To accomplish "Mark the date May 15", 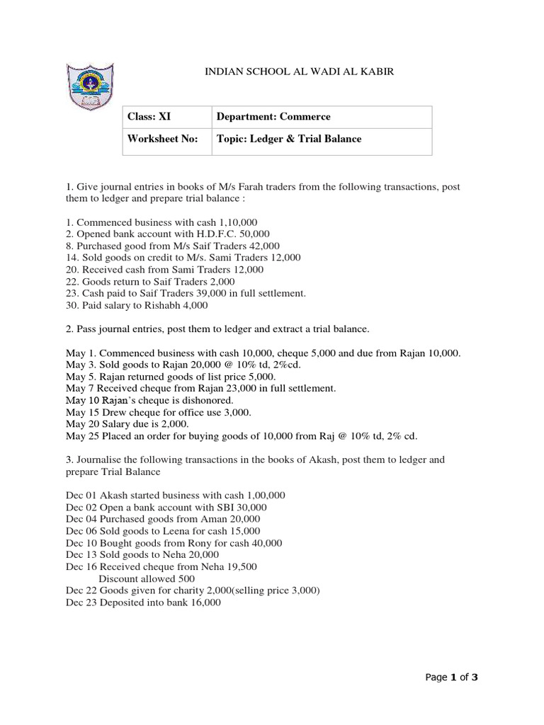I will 80,411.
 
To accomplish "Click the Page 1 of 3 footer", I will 452,678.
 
